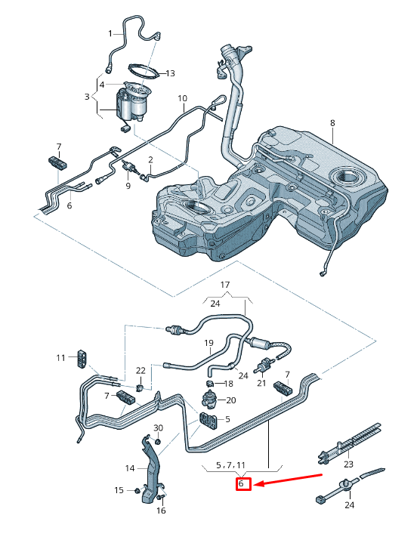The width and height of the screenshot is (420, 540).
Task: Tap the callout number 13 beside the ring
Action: [x=170, y=73]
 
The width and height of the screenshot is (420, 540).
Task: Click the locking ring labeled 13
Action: [x=143, y=73]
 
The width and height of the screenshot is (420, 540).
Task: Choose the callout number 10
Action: [x=182, y=98]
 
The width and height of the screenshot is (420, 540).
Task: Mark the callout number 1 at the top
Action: [x=110, y=33]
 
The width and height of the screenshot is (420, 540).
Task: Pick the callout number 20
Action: [x=231, y=400]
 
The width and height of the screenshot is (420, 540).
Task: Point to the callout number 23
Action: [x=348, y=464]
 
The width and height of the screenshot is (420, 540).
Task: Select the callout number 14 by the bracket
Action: [x=130, y=468]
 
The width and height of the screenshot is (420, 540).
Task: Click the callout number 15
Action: [x=119, y=491]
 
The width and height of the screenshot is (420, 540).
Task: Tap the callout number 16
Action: [x=160, y=511]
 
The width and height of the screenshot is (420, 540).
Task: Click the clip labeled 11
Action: [x=81, y=356]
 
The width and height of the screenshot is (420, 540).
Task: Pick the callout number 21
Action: [x=261, y=383]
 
